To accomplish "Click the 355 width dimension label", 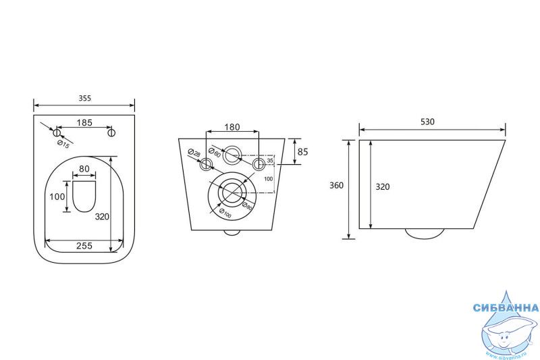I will pos(84,98).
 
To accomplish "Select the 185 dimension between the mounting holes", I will pos(84,122).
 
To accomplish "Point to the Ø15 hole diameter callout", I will pos(64,143).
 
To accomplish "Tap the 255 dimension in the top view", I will pos(84,246).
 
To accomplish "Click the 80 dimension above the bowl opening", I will pos(84,169).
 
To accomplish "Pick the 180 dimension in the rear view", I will pos(232,126).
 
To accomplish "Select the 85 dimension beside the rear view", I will pos(302,152).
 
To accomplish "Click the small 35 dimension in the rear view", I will pos(270,161).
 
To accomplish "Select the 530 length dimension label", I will pos(427,122).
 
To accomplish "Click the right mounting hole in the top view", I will pos(112,133).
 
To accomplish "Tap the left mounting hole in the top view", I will pos(57,133).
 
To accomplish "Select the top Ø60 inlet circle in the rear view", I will pos(232,155).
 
